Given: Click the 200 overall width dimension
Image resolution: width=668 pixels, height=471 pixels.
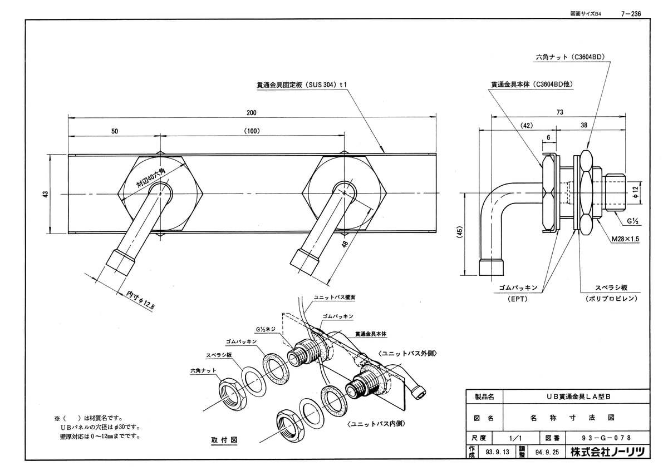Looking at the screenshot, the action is (252, 113).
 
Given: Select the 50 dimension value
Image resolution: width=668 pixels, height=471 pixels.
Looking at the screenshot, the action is (115, 131).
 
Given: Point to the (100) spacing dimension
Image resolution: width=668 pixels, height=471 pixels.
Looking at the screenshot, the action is (252, 131).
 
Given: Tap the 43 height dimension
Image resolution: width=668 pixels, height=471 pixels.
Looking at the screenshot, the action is (45, 194).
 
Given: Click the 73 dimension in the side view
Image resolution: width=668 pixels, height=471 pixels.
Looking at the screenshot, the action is (560, 112).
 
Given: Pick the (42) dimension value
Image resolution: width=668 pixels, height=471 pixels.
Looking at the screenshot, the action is (527, 126).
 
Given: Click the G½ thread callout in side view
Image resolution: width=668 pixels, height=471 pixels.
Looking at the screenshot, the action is (632, 221).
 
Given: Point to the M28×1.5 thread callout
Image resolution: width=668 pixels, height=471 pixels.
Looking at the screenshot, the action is (625, 239).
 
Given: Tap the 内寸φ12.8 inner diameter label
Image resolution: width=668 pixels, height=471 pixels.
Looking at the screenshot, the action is (140, 300).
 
